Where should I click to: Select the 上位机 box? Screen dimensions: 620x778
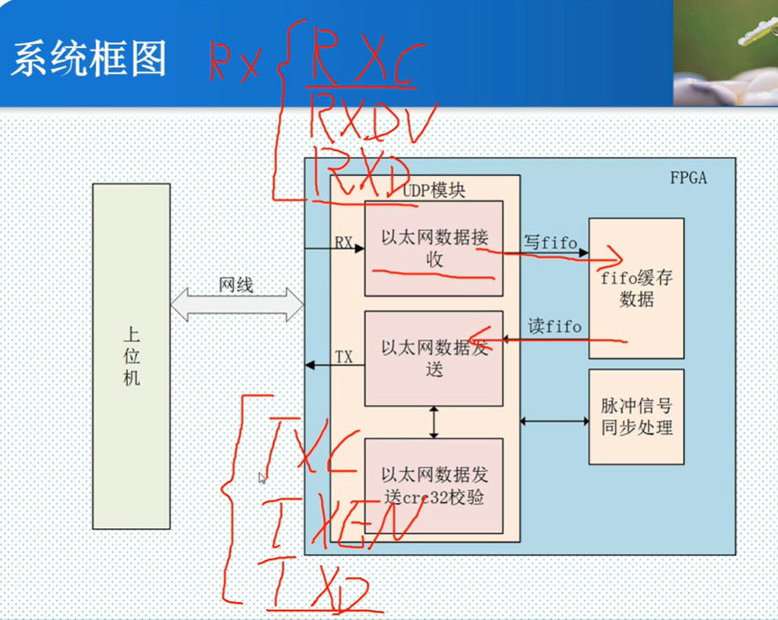[x=131, y=355]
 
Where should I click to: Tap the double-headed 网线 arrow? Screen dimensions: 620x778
[x=237, y=304]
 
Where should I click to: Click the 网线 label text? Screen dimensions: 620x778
[x=236, y=286]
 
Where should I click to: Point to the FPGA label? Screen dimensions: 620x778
[x=688, y=178]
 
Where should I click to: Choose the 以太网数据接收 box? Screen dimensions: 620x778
[x=434, y=249]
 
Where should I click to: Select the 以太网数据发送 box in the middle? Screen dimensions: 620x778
[x=434, y=358]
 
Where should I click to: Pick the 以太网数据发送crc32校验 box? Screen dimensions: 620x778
[x=434, y=485]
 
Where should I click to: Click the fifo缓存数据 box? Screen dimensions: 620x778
[x=636, y=287]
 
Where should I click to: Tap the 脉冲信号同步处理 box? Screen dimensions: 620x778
[x=636, y=416]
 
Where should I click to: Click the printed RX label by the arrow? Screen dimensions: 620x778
[x=344, y=243]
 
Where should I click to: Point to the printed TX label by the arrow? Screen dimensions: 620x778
[x=344, y=357]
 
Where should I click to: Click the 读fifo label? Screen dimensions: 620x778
[x=554, y=326]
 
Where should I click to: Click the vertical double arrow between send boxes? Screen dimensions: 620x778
[x=434, y=422]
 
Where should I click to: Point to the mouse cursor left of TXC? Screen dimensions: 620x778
[x=262, y=478]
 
